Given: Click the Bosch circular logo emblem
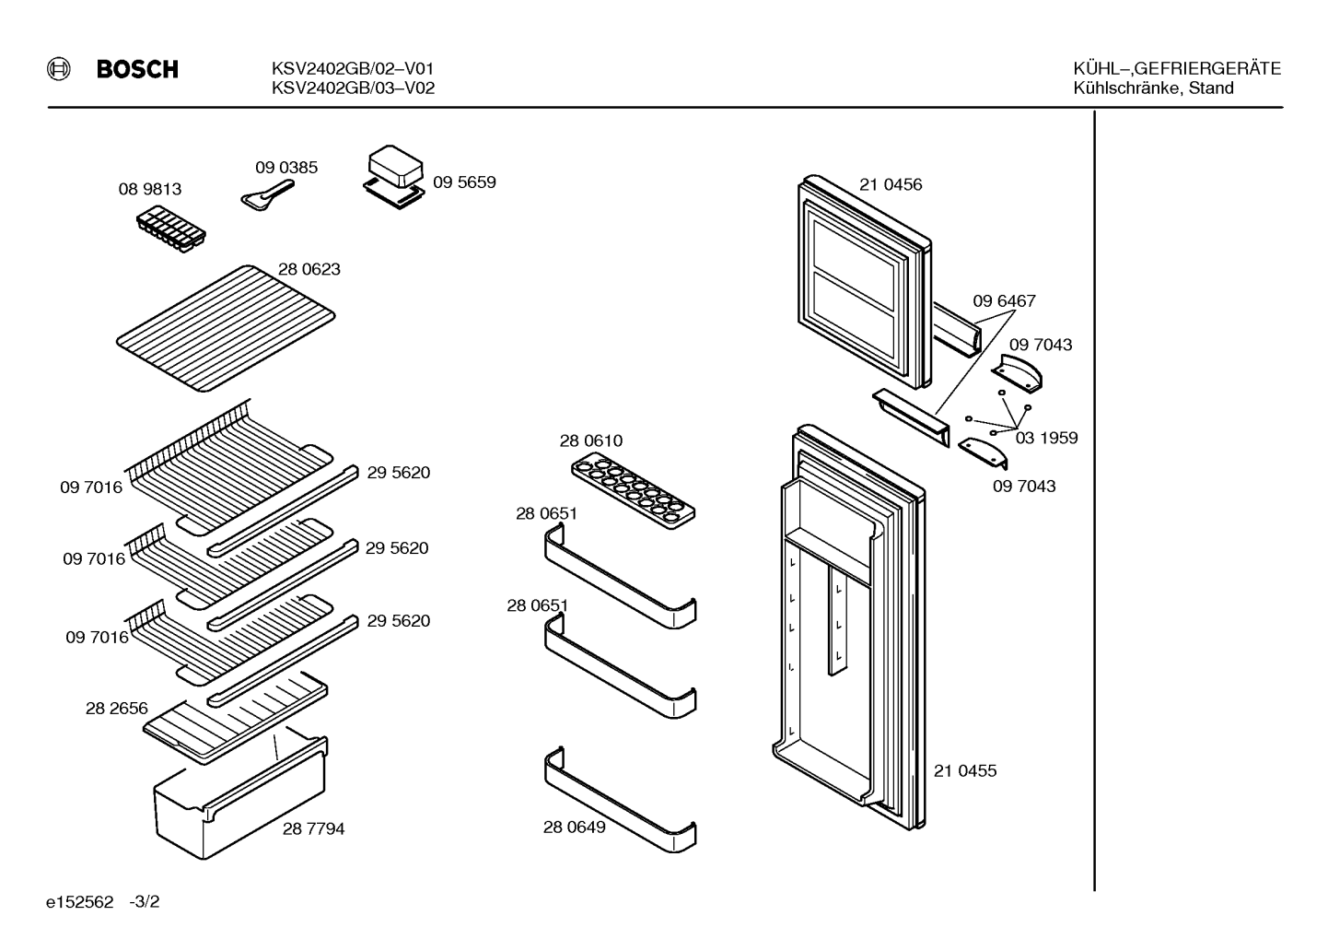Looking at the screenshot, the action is pyautogui.click(x=59, y=69).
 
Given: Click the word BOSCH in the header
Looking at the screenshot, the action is pyautogui.click(x=137, y=69).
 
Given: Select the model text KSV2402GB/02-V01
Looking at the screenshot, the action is pyautogui.click(x=353, y=69).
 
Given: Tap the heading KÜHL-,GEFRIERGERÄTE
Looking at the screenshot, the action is pyautogui.click(x=1177, y=69).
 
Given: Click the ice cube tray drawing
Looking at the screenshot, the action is pyautogui.click(x=170, y=229).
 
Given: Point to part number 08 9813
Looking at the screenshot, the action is pyautogui.click(x=150, y=189).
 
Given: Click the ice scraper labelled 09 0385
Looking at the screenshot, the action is pyautogui.click(x=267, y=195).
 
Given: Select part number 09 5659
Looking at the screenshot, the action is pyautogui.click(x=464, y=182).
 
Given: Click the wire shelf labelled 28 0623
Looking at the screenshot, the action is pyautogui.click(x=226, y=328).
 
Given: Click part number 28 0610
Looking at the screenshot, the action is pyautogui.click(x=591, y=440).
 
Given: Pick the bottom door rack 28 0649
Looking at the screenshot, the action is pyautogui.click(x=620, y=801).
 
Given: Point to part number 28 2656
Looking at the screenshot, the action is pyautogui.click(x=117, y=709).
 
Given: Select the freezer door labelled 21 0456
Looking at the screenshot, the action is pyautogui.click(x=865, y=282).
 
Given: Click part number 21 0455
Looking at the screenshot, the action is pyautogui.click(x=965, y=771).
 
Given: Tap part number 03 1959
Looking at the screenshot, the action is pyautogui.click(x=1046, y=438).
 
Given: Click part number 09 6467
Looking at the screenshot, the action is pyautogui.click(x=1005, y=300).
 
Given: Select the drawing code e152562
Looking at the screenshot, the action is pyautogui.click(x=80, y=902).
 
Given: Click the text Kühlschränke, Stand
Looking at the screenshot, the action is pyautogui.click(x=1153, y=88).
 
